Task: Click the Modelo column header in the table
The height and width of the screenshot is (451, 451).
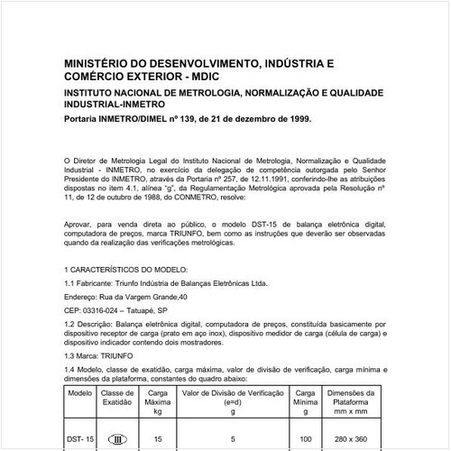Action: pyautogui.click(x=79, y=393)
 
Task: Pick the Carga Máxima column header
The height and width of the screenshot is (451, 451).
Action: pyautogui.click(x=158, y=399)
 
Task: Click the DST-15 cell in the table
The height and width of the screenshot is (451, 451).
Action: pyautogui.click(x=79, y=437)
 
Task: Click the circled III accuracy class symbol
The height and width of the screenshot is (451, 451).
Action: pyautogui.click(x=116, y=437)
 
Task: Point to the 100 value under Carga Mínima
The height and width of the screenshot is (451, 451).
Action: pyautogui.click(x=306, y=437)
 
